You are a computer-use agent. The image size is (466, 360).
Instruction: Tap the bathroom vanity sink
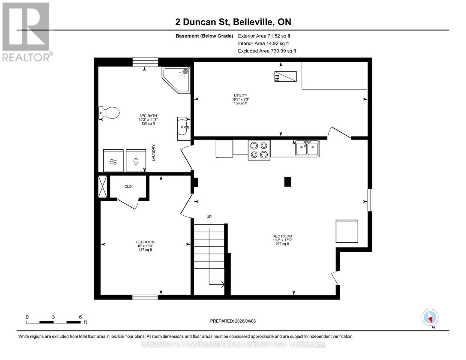pyautogui.click(x=183, y=127)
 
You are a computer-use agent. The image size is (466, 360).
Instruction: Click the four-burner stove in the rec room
pyautogui.click(x=259, y=150)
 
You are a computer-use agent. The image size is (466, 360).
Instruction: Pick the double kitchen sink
pyautogui.click(x=307, y=148)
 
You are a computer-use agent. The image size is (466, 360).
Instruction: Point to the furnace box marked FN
pyautogui.click(x=285, y=76)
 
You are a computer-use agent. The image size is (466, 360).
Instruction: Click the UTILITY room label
pyautogui.click(x=240, y=96)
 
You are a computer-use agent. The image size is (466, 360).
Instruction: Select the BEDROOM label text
pyautogui.click(x=145, y=242)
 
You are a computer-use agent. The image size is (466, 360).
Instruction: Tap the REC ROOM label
pyautogui.click(x=282, y=236)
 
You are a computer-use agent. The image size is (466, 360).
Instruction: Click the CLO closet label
pyautogui.click(x=128, y=187)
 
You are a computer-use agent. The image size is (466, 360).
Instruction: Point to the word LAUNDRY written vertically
pyautogui.click(x=154, y=153)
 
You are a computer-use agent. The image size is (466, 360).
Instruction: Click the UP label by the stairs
pyautogui.click(x=209, y=217)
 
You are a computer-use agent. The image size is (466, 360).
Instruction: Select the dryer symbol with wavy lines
pyautogui.click(x=113, y=161)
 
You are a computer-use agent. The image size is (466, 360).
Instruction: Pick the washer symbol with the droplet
pyautogui.click(x=136, y=161)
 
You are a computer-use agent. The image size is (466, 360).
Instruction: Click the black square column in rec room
pyautogui.click(x=287, y=182)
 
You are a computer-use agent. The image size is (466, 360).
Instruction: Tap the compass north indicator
pyautogui.click(x=430, y=317)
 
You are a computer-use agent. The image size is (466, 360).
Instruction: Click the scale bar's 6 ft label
pyautogui.click(x=80, y=317)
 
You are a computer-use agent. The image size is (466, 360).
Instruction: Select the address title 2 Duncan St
pyautogui.click(x=233, y=22)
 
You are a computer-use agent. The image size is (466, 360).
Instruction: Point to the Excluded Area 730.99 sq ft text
pyautogui.click(x=267, y=51)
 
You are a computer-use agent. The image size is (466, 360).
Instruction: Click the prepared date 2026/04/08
pyautogui.click(x=233, y=321)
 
